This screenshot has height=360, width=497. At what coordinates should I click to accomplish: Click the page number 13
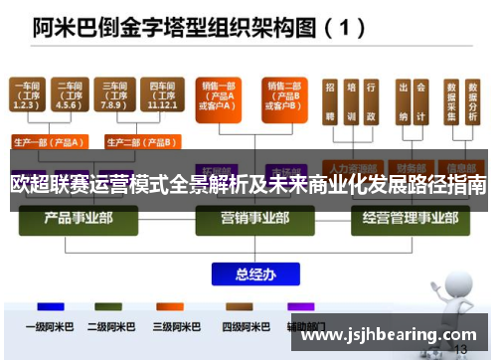pyautogui.click(x=459, y=350)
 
